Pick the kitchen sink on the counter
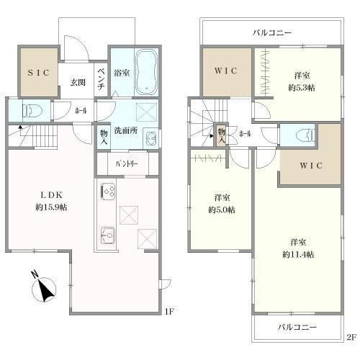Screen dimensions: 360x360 (109, 235)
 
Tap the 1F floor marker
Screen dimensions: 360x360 (169, 312)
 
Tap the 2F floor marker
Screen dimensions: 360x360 (351, 336)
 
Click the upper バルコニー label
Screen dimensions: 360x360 (271, 33)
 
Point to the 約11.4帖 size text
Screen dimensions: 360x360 (297, 254)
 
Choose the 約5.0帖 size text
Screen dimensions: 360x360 (220, 210)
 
